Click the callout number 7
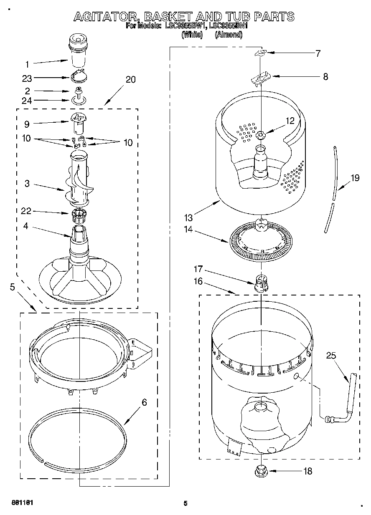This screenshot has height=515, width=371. (x=318, y=53)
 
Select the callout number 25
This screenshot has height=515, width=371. (x=331, y=356)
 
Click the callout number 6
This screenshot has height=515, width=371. (x=144, y=402)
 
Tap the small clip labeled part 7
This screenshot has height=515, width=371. (x=261, y=53)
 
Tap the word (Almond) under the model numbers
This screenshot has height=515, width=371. (x=228, y=35)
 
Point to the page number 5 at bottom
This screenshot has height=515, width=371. (x=185, y=503)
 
